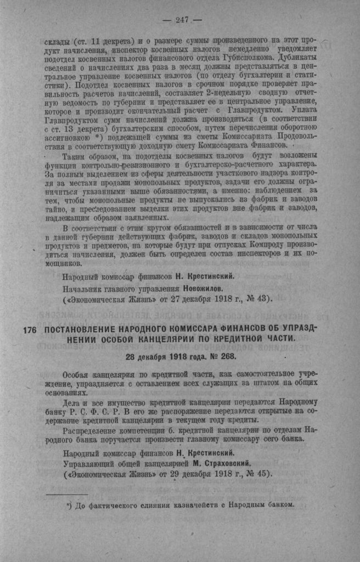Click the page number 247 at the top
(182, 20)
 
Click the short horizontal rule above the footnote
(67, 494)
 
